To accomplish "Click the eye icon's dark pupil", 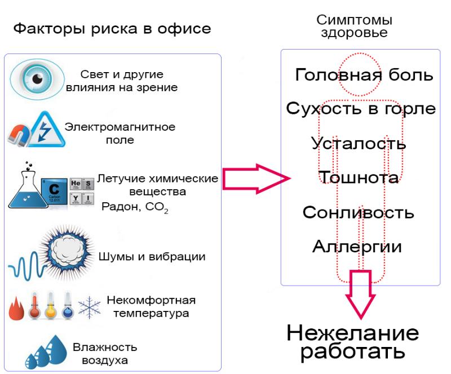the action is (38, 78).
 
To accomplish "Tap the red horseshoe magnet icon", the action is (19, 135).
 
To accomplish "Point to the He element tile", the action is (76, 184).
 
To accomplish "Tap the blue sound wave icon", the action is (26, 265).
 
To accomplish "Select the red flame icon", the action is (16, 309).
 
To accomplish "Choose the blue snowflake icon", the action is (90, 307).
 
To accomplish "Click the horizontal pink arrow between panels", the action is (257, 179).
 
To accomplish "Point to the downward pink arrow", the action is (361, 294).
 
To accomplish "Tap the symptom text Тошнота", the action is (359, 177).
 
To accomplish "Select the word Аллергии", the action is (357, 246).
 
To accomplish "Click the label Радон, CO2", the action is (135, 207).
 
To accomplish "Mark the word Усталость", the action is (359, 143).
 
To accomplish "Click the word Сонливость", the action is (358, 212).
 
